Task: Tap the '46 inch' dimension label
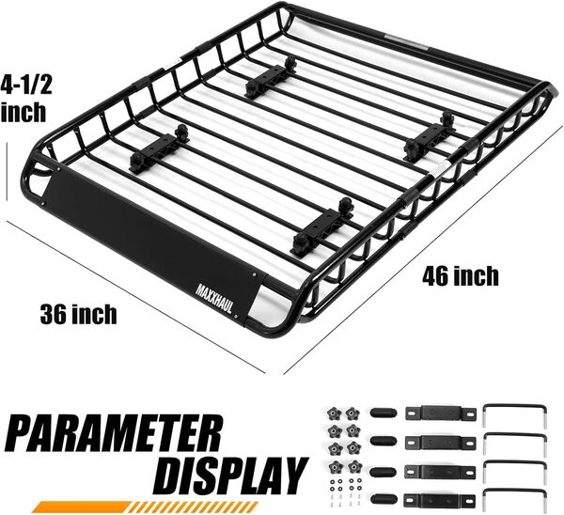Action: point(460,276)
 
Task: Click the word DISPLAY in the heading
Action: point(229,474)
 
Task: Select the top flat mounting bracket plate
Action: point(438,413)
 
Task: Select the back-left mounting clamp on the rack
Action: point(268,78)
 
